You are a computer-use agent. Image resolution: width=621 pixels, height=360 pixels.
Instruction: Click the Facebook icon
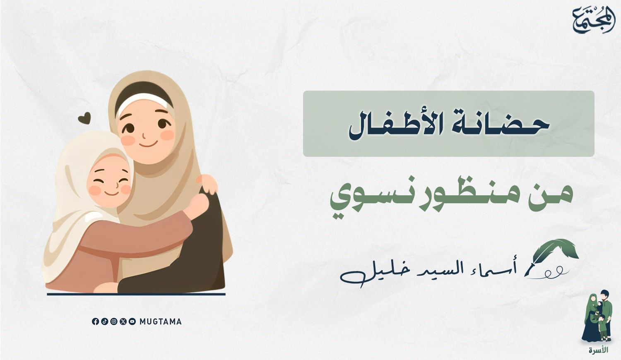[x=95, y=322]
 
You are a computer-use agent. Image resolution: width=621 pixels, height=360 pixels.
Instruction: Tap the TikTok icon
[x=104, y=322]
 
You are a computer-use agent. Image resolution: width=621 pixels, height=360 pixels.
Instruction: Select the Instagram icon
[x=114, y=322]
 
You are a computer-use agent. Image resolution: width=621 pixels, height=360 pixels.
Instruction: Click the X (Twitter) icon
[x=123, y=322]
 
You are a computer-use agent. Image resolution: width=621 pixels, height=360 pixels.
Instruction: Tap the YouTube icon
[x=132, y=322]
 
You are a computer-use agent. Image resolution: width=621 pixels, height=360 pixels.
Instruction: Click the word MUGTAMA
[x=161, y=322]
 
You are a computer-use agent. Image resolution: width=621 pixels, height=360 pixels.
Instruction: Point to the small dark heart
[x=84, y=118]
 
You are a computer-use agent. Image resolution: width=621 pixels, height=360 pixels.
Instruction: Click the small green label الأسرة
[x=599, y=350]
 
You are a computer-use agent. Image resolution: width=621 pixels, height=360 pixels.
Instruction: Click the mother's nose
[x=144, y=136]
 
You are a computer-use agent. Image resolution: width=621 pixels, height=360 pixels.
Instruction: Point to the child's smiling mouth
[x=112, y=193]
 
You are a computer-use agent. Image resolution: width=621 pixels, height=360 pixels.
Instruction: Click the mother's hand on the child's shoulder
[x=207, y=183]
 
